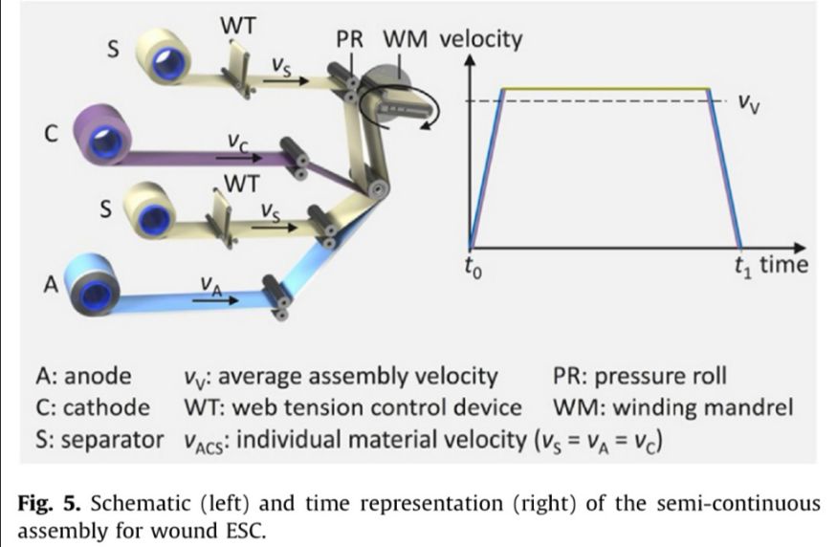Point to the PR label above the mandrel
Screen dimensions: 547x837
tap(353, 40)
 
